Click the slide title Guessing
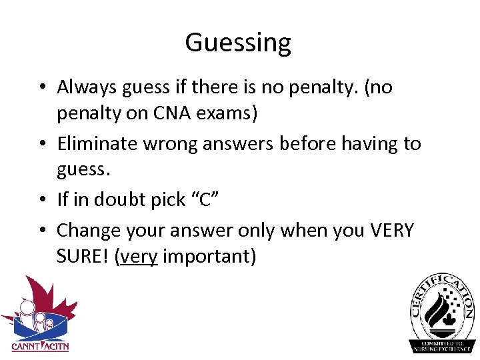tap(238, 43)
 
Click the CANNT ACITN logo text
tap(40, 346)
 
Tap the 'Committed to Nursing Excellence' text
tap(443, 345)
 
